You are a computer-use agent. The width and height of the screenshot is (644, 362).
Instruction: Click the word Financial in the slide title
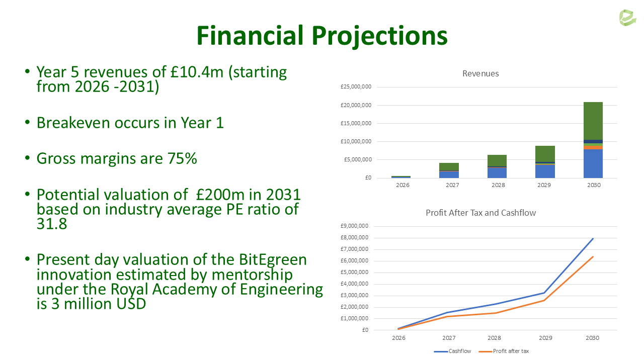pyautogui.click(x=250, y=36)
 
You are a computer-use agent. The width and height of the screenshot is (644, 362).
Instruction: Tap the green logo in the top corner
pyautogui.click(x=627, y=18)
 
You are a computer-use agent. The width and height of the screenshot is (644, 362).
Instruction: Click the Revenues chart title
pyautogui.click(x=480, y=73)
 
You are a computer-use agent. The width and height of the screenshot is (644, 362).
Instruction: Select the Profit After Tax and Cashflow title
pyautogui.click(x=480, y=213)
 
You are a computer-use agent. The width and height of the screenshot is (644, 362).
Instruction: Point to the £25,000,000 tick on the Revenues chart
pyautogui.click(x=356, y=87)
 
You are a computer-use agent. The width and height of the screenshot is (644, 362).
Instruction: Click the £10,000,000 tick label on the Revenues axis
pyautogui.click(x=356, y=141)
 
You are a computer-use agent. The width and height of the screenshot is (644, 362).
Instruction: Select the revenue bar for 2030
pyautogui.click(x=593, y=140)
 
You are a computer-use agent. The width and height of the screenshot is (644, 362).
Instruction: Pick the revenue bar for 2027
pyautogui.click(x=449, y=170)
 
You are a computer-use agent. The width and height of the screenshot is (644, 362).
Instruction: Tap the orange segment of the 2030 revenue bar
pyautogui.click(x=593, y=148)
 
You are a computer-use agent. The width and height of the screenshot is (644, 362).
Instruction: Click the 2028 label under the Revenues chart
pyautogui.click(x=498, y=185)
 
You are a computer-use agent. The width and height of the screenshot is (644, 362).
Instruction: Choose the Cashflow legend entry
pyautogui.click(x=452, y=351)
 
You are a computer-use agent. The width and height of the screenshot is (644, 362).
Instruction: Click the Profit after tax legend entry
pyautogui.click(x=504, y=351)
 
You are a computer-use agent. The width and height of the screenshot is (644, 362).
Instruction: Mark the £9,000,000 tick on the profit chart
pyautogui.click(x=355, y=226)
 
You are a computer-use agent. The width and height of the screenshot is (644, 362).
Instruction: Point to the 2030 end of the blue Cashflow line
pyautogui.click(x=593, y=238)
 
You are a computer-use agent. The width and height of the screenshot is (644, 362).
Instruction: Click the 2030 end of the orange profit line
pyautogui.click(x=593, y=257)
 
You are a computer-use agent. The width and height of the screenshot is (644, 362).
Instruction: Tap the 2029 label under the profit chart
pyautogui.click(x=545, y=338)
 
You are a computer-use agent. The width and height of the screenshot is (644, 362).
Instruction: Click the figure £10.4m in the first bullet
pyautogui.click(x=197, y=72)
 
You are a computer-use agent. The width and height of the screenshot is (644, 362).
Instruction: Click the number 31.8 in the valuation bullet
pyautogui.click(x=52, y=224)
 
